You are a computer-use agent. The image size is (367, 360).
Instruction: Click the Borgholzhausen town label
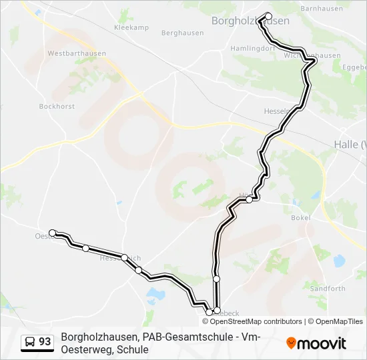[x=250, y=21]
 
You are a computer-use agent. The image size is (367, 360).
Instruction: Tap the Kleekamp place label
[x=131, y=28]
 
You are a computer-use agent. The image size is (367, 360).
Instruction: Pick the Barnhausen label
[x=322, y=9]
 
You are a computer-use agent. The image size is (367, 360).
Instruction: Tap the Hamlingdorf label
[x=252, y=49]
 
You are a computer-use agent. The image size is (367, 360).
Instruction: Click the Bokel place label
[x=302, y=217]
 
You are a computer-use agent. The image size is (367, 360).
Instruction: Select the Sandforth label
[x=328, y=289]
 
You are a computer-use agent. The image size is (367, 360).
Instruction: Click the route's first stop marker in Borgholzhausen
[x=269, y=16]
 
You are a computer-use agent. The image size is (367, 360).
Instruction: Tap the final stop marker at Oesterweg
[x=53, y=233]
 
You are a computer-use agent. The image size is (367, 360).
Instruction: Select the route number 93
[x=45, y=342]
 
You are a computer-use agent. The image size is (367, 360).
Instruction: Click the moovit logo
[x=316, y=343]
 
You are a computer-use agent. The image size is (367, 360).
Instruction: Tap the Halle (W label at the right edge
[x=350, y=145]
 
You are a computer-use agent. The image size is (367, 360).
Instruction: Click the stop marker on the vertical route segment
[x=216, y=278]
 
